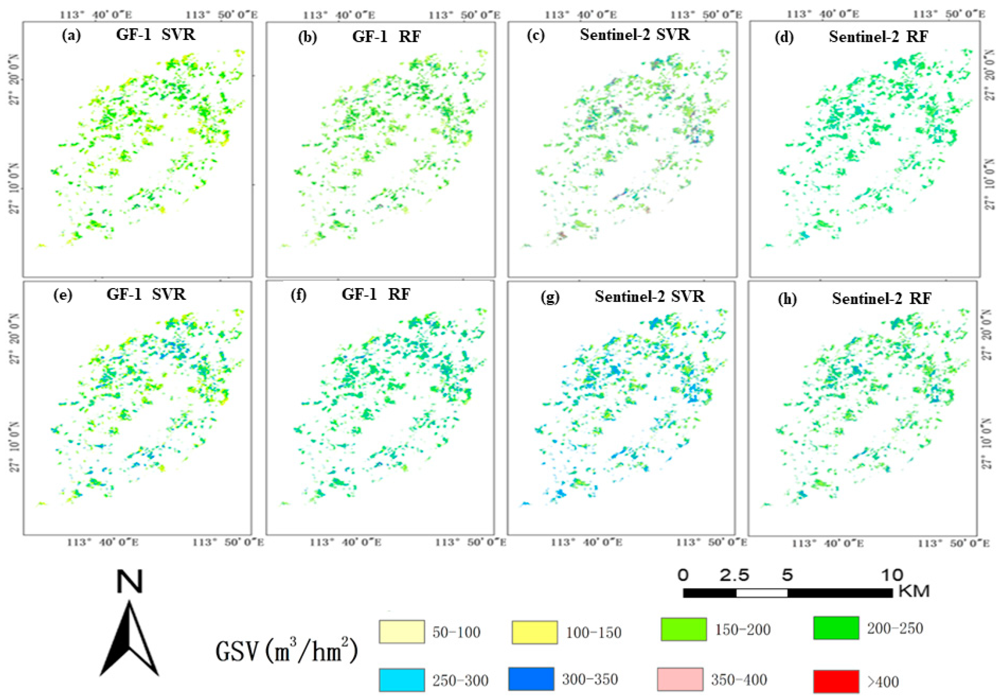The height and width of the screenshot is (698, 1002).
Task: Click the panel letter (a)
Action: [71, 36]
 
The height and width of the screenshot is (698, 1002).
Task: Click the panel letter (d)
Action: [784, 37]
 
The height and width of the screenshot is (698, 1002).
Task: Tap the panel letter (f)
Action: [298, 295]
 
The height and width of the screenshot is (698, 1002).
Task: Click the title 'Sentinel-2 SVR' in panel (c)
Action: [635, 34]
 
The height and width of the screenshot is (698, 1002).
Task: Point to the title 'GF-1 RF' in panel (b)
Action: [386, 37]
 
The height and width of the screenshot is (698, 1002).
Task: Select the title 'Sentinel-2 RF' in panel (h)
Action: [881, 298]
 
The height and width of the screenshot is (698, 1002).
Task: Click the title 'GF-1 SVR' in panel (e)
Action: [146, 294]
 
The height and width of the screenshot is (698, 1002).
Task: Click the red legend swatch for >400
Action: [836, 682]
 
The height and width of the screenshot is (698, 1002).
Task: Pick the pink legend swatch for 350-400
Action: [680, 679]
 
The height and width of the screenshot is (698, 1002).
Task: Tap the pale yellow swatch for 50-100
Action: [401, 632]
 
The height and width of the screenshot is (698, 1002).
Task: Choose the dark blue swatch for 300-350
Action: [531, 679]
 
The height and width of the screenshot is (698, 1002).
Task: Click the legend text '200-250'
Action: [895, 628]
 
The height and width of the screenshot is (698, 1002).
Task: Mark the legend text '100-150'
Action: [594, 633]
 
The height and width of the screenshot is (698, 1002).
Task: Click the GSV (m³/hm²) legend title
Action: [287, 652]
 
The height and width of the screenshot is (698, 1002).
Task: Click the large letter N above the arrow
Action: [130, 582]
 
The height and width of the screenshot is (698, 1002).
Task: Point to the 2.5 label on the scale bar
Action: [734, 575]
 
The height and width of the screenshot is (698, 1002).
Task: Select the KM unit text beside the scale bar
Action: [914, 591]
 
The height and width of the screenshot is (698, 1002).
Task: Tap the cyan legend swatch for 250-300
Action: [401, 680]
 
